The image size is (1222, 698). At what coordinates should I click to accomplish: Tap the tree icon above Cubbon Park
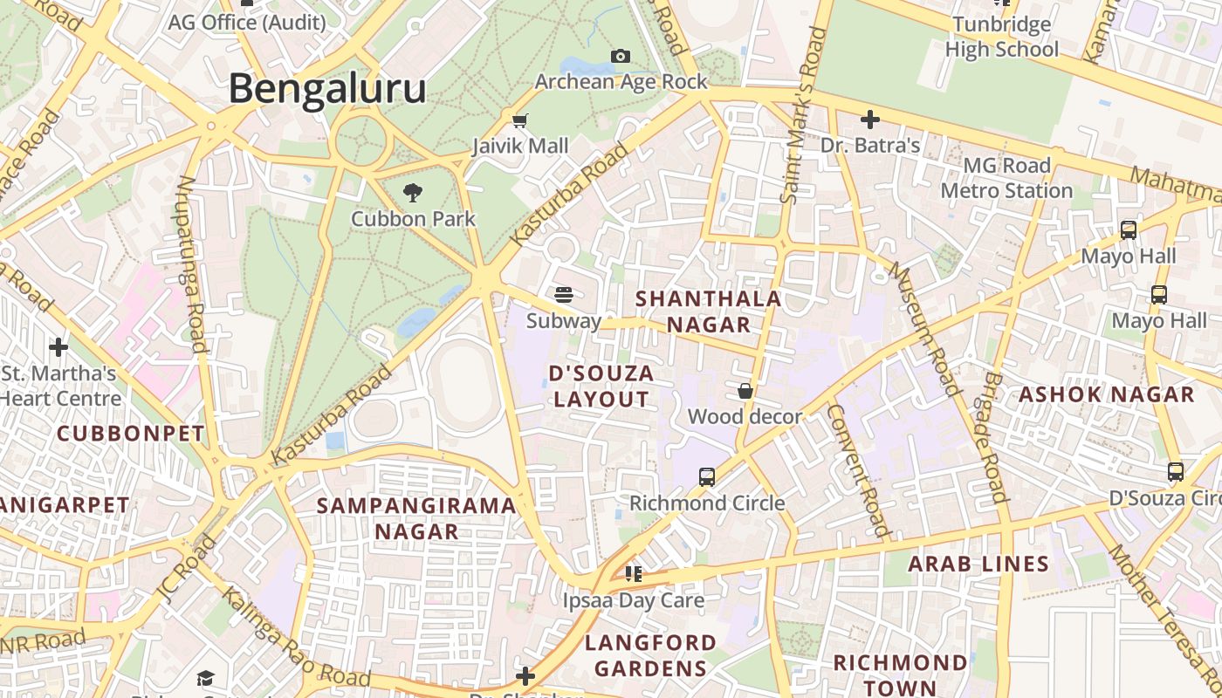pos(413,192)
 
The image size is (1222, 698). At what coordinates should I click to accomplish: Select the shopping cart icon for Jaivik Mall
pos(520,120)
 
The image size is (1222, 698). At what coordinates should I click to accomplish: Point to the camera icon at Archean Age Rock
pos(621,57)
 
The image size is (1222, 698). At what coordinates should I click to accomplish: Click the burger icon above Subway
pos(564,294)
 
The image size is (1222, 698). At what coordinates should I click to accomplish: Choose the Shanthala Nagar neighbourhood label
pos(708,311)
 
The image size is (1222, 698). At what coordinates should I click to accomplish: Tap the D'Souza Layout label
pos(601,386)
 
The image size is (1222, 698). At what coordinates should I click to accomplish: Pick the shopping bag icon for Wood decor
pos(745,391)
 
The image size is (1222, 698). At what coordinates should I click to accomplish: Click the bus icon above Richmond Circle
pos(707,477)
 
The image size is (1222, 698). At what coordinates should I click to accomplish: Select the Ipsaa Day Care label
pos(633,600)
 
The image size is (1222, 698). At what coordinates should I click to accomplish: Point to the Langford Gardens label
pos(650,655)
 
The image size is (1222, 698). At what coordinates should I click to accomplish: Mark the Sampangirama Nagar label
pos(416,518)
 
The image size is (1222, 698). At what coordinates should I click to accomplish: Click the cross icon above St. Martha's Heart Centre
pos(58,347)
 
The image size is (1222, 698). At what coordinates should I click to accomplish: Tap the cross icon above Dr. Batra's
pos(869,120)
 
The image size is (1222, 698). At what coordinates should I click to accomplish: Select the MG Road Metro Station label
pos(1006,178)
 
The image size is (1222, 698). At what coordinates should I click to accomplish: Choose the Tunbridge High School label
pos(1001,37)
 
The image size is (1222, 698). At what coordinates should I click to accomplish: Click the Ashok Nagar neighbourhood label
pos(1106,394)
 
